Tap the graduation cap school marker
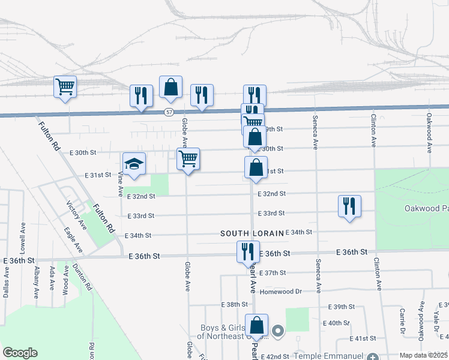[134, 164]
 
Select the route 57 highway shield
[170, 112]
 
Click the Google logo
[20, 353]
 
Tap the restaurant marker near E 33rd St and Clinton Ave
[349, 206]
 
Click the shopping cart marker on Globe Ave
[188, 160]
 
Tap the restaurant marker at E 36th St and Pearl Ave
[247, 252]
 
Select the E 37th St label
[276, 273]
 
